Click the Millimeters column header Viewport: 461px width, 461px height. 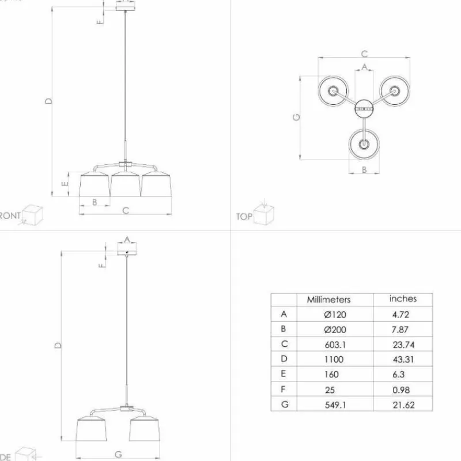[x=328, y=300]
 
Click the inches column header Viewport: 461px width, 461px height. [x=403, y=298]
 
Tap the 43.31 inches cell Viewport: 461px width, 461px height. [x=403, y=359]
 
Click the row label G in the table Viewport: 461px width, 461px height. [x=284, y=404]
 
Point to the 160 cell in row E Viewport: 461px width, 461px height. [x=331, y=374]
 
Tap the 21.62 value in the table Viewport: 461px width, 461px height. [x=403, y=405]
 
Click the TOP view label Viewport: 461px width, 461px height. [x=244, y=217]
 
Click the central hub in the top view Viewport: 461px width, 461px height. [x=364, y=107]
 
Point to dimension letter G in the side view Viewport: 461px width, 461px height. [x=118, y=454]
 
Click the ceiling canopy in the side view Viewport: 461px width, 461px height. [x=127, y=250]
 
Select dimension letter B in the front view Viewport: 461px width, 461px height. [x=94, y=202]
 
